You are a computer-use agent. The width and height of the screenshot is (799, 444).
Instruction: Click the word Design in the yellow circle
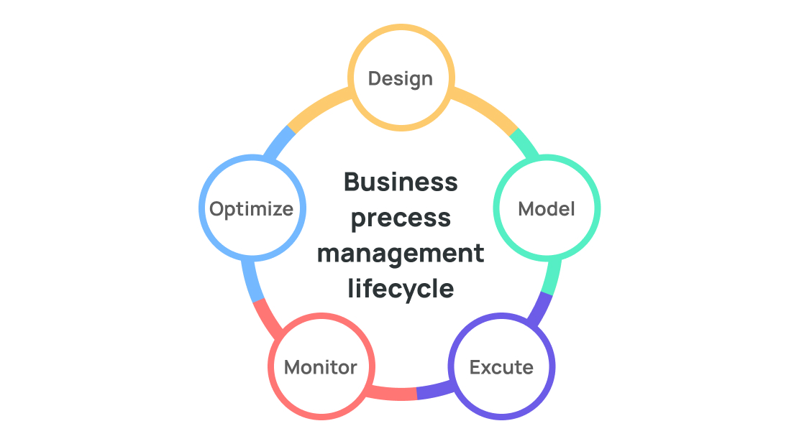point(401,79)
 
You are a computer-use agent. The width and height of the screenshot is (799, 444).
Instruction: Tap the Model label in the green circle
point(547,209)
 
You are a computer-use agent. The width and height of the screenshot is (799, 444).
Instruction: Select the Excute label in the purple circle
point(501,367)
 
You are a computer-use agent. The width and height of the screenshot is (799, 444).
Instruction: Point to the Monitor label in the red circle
point(321,367)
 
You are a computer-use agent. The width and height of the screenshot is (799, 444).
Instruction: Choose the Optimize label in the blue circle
point(251,209)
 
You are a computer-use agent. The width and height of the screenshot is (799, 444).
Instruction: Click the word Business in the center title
point(401,182)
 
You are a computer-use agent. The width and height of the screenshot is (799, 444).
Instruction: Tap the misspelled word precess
point(401,218)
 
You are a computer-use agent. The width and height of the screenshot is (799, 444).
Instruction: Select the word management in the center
point(401,254)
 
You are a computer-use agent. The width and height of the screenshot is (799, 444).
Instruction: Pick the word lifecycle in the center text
point(401,289)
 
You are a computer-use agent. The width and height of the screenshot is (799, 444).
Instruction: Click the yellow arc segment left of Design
point(317,107)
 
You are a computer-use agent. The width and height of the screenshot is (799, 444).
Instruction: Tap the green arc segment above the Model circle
point(526,142)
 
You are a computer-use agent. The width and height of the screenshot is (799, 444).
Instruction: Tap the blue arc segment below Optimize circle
point(252,281)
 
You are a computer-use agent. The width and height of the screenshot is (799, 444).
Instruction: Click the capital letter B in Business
point(351,182)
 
